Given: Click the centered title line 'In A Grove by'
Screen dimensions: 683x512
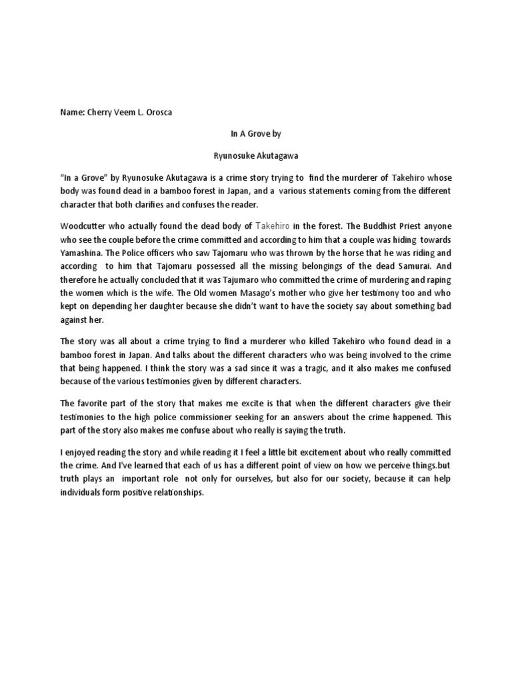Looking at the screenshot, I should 255,133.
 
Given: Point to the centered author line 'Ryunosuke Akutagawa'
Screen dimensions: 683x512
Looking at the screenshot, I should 255,156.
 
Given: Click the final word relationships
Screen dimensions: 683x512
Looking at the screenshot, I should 173,492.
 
